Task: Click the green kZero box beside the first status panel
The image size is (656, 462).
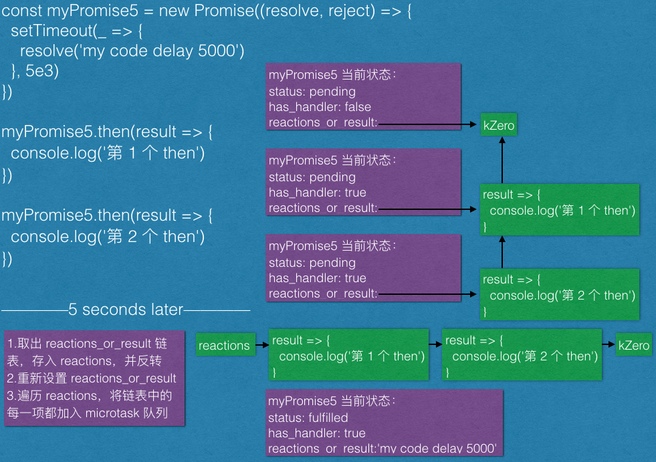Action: pyautogui.click(x=499, y=125)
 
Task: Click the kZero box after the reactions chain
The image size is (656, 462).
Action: pyautogui.click(x=633, y=345)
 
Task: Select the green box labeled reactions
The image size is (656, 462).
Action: pyautogui.click(x=224, y=345)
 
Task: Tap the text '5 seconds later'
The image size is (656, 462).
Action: pyautogui.click(x=126, y=310)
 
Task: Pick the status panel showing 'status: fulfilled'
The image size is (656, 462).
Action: pyautogui.click(x=384, y=423)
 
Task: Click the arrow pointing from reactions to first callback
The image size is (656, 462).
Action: pyautogui.click(x=262, y=345)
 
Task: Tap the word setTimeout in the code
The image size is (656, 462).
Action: pyautogui.click(x=50, y=31)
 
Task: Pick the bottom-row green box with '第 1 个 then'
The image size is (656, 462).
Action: pyautogui.click(x=348, y=355)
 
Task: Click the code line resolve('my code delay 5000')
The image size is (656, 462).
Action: pyautogui.click(x=132, y=51)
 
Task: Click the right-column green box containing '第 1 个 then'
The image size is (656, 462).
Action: pyautogui.click(x=559, y=210)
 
